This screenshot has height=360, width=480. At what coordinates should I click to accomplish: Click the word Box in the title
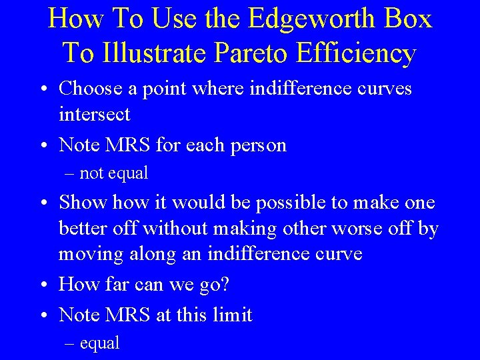[x=407, y=19]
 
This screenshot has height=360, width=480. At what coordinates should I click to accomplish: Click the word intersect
[x=94, y=114]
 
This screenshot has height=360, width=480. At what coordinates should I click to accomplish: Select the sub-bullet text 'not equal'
[x=113, y=173]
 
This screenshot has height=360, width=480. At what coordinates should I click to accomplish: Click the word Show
[x=84, y=202]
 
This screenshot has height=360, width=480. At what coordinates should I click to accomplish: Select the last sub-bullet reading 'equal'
[x=99, y=343]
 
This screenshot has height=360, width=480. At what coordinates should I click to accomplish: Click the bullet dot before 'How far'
[x=43, y=285]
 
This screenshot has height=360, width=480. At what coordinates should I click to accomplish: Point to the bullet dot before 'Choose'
[x=43, y=89]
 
